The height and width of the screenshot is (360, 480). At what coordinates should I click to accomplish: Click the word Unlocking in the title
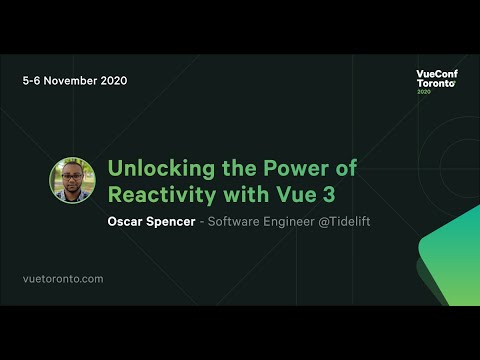tap(152, 167)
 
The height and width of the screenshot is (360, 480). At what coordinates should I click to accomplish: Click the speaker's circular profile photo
tap(72, 181)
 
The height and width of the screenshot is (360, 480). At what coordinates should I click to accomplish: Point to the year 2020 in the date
tap(113, 80)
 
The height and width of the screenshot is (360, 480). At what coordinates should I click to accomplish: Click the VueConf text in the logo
tap(436, 75)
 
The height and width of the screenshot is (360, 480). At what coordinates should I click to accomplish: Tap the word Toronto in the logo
tap(435, 85)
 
